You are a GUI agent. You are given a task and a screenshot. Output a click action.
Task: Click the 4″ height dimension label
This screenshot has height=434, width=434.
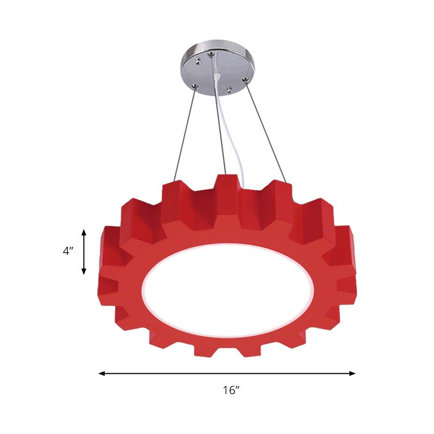67,252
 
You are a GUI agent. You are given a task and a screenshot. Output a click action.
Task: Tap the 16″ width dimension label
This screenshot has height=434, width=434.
231,390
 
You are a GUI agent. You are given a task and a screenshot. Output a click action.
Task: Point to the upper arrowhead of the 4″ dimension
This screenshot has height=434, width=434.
84,232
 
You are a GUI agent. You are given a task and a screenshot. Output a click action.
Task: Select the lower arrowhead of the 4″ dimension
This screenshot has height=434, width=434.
84,272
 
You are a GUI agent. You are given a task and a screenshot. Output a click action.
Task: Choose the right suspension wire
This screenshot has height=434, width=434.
266,130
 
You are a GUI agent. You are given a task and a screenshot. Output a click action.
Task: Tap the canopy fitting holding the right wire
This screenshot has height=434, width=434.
245,82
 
